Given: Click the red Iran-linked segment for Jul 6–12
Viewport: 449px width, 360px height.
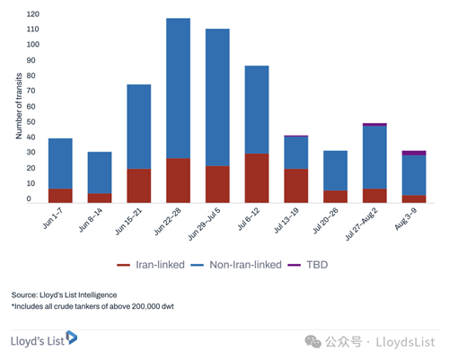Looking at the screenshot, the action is (257, 178).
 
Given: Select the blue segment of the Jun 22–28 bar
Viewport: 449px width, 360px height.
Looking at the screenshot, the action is (178, 88).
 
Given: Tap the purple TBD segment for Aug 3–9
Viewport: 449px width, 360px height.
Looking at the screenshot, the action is (414, 153).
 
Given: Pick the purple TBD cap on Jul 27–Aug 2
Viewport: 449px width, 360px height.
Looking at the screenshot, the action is (374, 125).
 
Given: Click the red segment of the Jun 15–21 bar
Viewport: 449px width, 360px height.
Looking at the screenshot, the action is (139, 186).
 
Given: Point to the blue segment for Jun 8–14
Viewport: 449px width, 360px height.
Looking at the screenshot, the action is (100, 172).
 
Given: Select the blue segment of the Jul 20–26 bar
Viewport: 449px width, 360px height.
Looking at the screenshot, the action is (335, 171).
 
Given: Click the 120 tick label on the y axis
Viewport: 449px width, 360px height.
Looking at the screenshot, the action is (32, 14).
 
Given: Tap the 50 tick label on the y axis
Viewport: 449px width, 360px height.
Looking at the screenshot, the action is (31, 122).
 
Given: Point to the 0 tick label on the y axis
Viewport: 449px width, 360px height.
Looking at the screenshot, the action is (29, 198).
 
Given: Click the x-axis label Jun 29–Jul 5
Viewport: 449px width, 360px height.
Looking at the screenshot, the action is (205, 224).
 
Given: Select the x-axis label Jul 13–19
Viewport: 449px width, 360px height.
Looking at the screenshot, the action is (286, 221).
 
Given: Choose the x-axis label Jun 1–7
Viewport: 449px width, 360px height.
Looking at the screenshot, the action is (53, 218).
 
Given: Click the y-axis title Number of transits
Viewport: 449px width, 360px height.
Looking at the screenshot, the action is (19, 106).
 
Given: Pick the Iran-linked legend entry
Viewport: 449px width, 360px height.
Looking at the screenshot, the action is (151, 265).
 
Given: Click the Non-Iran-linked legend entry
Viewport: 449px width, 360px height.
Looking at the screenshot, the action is (236, 265).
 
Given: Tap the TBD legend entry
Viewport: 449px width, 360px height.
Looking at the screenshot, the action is (308, 265).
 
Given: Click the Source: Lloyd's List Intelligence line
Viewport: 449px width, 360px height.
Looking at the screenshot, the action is (64, 295).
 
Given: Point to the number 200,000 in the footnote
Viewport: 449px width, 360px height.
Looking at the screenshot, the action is (145, 306).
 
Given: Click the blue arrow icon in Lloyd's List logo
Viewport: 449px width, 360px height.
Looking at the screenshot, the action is (72, 338).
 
